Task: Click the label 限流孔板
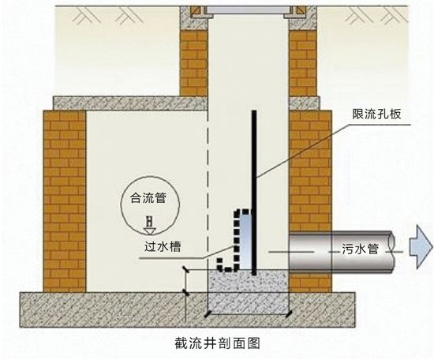click(376, 114)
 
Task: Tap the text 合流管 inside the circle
click(148, 197)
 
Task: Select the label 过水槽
click(163, 246)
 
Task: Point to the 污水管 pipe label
click(360, 249)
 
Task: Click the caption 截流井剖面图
click(217, 343)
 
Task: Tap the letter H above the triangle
click(150, 221)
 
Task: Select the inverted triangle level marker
click(150, 231)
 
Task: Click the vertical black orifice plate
click(254, 193)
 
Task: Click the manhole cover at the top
click(249, 10)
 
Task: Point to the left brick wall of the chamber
click(65, 201)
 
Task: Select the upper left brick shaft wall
click(194, 63)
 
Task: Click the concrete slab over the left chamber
click(130, 103)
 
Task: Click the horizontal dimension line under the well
click(249, 314)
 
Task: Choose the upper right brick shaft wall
click(303, 63)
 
